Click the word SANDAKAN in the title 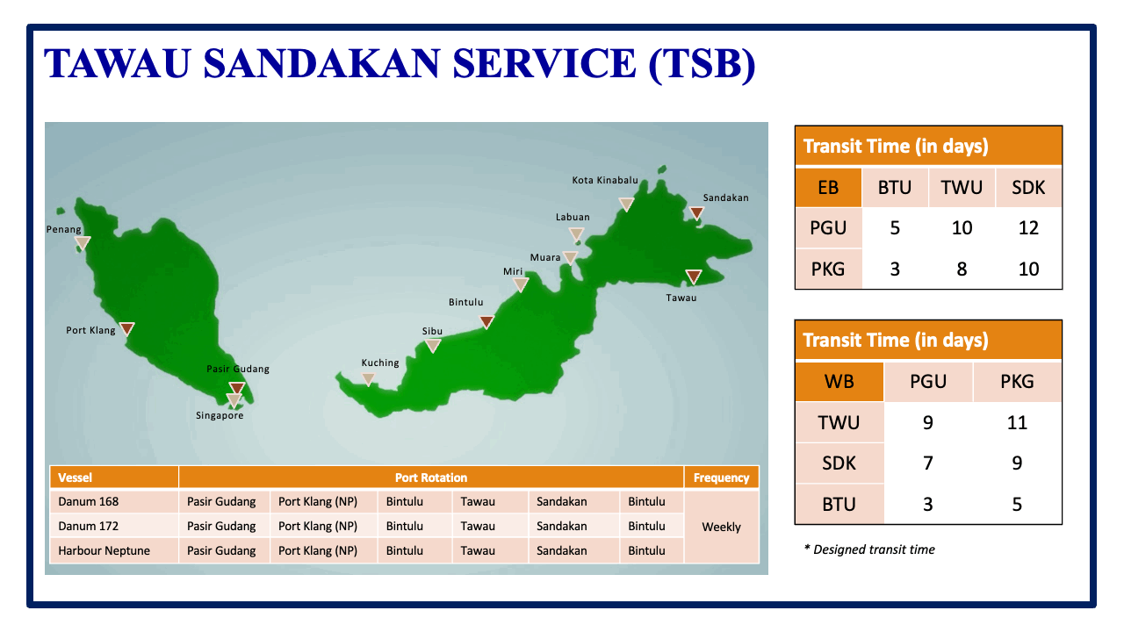pyautogui.click(x=321, y=63)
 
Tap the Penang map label pyautogui.click(x=63, y=229)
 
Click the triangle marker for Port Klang pyautogui.click(x=127, y=328)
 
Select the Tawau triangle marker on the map pyautogui.click(x=694, y=276)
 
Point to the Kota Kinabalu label pyautogui.click(x=605, y=180)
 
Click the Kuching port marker pyautogui.click(x=368, y=379)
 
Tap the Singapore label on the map pyautogui.click(x=220, y=415)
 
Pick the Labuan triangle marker pyautogui.click(x=576, y=234)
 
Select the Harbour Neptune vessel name pyautogui.click(x=104, y=550)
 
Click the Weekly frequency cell pyautogui.click(x=721, y=527)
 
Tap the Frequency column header pyautogui.click(x=721, y=478)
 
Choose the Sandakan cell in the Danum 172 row pyautogui.click(x=561, y=526)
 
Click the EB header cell pyautogui.click(x=828, y=187)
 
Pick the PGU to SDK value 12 pyautogui.click(x=1028, y=228)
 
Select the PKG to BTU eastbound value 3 pyautogui.click(x=895, y=269)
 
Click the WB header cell pyautogui.click(x=839, y=381)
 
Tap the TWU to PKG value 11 pyautogui.click(x=1017, y=422)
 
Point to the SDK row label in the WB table pyautogui.click(x=839, y=463)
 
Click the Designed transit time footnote pyautogui.click(x=869, y=549)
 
